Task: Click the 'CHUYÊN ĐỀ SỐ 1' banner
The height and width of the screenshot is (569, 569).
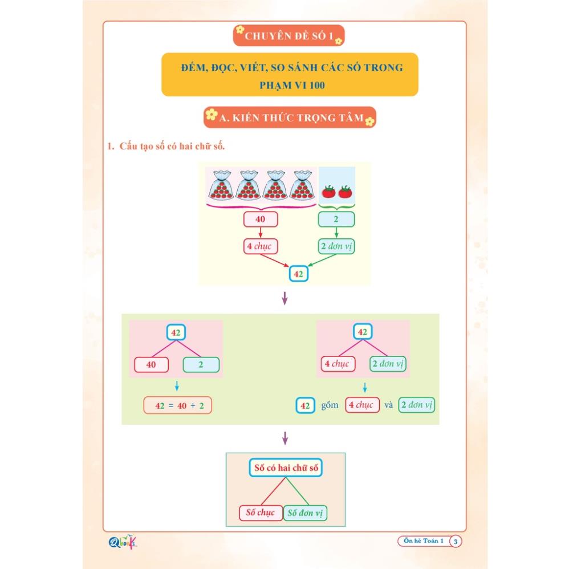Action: pos(288,36)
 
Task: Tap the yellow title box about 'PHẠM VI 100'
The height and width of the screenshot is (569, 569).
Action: pos(290,75)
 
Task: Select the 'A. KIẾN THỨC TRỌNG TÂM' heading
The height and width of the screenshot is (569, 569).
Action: pos(290,117)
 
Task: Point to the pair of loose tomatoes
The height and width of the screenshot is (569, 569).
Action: pos(337,192)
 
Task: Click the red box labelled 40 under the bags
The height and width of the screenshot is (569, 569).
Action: pos(260,220)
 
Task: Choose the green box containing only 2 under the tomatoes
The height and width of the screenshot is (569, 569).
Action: pos(336,220)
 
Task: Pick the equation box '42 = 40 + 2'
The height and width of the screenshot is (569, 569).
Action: pos(177,405)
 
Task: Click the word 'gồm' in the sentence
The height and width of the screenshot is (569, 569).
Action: pos(330,405)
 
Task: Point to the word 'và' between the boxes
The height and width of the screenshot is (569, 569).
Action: pos(389,405)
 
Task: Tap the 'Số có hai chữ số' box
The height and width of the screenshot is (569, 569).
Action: pos(286,468)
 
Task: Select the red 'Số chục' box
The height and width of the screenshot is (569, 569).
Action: pos(261,513)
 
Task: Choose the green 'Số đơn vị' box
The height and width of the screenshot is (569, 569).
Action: pos(306,513)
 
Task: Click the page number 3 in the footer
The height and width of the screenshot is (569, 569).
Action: pos(456,542)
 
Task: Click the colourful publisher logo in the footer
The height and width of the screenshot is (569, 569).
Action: pos(123,542)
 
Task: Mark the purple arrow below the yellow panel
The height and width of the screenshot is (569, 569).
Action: pos(285,299)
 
